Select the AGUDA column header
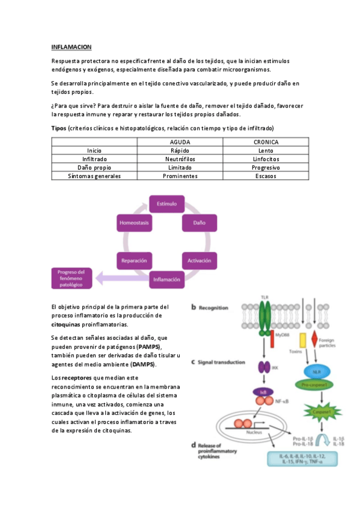coord(180,142)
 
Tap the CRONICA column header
coord(266,142)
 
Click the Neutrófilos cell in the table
coord(180,159)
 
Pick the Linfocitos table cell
coord(266,159)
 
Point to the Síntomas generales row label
coord(94,176)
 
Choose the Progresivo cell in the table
coord(266,168)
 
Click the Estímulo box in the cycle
coord(166,204)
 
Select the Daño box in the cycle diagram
coord(199,223)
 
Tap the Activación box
coord(199,260)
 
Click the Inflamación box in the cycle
coord(166,279)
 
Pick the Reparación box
coord(133,260)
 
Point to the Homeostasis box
coord(133,223)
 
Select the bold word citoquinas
coord(71,324)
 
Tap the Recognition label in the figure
coord(214,307)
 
